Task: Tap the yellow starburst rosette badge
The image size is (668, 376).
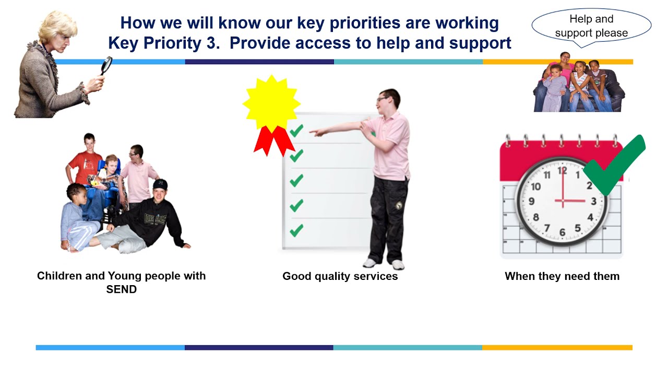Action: (271, 103)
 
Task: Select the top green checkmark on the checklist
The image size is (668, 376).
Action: (296, 131)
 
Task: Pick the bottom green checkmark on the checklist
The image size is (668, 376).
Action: (296, 230)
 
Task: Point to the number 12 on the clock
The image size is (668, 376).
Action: (562, 170)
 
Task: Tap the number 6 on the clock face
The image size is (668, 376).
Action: (562, 232)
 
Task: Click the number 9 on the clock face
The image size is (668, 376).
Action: (531, 202)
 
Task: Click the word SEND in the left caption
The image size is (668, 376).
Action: (121, 289)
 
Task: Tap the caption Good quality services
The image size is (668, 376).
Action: (340, 276)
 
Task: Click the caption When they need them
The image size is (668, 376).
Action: (562, 276)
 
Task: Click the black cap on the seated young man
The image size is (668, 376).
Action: (160, 184)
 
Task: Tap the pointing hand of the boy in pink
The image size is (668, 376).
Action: (316, 133)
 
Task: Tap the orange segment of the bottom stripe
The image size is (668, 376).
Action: (557, 347)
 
